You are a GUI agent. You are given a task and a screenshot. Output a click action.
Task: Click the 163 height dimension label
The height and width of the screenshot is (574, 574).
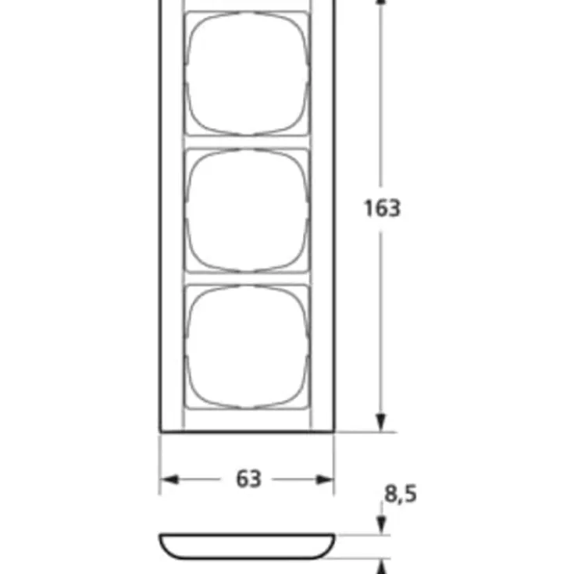pyautogui.click(x=382, y=209)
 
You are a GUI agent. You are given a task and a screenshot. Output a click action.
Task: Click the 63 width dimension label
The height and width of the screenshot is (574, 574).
pyautogui.click(x=249, y=479)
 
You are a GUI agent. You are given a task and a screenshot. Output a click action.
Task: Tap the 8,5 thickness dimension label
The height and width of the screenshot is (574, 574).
pyautogui.click(x=400, y=494)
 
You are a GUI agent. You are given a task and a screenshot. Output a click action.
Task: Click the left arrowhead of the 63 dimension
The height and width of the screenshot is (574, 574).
pyautogui.click(x=169, y=480)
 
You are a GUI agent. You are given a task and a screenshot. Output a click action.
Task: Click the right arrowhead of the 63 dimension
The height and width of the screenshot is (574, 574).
pyautogui.click(x=325, y=480)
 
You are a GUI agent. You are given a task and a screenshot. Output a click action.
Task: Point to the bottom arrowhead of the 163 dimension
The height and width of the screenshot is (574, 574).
pyautogui.click(x=381, y=422)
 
